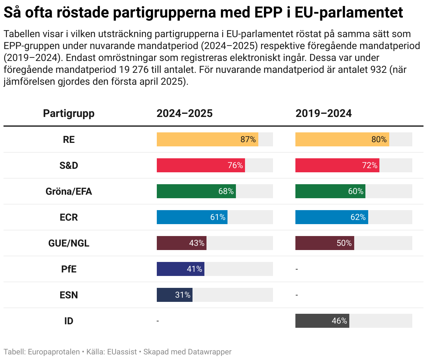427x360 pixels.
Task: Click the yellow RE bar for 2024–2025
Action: tap(207, 139)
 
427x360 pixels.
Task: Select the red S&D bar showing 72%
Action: tap(337, 165)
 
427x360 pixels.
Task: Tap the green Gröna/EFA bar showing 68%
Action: tap(196, 191)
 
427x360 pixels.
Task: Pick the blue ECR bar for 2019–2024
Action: tap(331, 217)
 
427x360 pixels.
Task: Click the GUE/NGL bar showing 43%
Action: tap(181, 243)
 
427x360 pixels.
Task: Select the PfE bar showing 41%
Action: tap(180, 269)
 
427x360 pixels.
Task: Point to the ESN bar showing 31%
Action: tap(174, 295)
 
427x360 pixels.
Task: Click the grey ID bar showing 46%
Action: tap(322, 321)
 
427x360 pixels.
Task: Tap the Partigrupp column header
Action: tap(69, 113)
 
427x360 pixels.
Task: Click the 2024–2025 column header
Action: tap(184, 113)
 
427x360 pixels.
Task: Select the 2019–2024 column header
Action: tap(323, 113)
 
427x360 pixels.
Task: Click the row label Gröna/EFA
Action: tap(69, 191)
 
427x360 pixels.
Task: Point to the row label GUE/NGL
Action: tap(69, 243)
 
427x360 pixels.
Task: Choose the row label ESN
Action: tap(69, 295)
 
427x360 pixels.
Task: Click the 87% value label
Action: tap(248, 139)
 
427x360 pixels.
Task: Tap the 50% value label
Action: tap(344, 243)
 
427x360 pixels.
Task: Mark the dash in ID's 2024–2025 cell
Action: tap(158, 321)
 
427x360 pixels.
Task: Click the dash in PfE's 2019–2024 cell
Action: tap(297, 269)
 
